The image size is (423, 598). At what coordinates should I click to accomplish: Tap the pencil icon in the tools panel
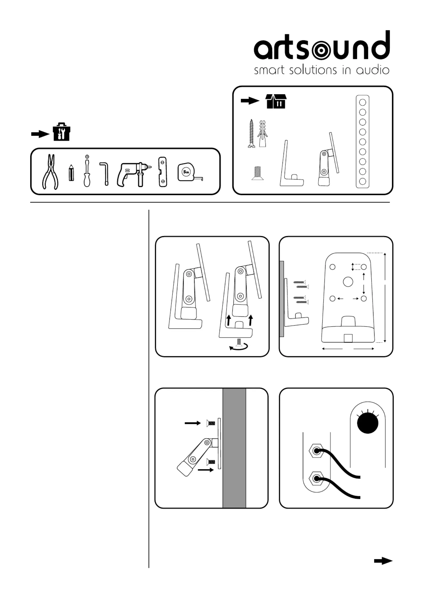point(71,173)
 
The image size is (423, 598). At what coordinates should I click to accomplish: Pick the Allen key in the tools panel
point(105,173)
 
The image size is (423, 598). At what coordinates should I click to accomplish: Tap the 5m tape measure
point(188,172)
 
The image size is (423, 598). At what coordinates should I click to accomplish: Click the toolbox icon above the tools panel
point(61,132)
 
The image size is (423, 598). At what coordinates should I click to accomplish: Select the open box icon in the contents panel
point(276,101)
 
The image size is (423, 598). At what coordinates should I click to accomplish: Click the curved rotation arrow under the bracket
point(239,347)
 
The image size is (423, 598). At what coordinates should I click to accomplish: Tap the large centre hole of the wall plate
point(348,282)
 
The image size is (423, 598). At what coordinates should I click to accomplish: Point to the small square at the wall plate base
point(348,338)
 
